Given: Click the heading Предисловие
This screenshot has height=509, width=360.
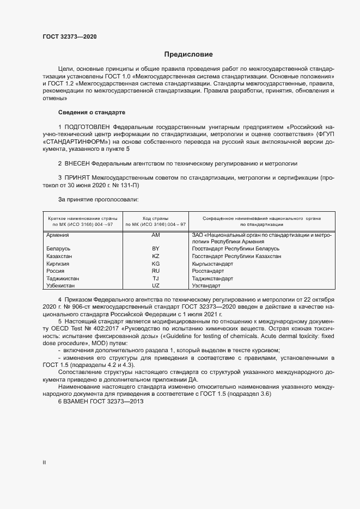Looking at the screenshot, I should (188, 54).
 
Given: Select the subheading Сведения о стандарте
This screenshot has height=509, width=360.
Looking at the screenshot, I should (91, 112).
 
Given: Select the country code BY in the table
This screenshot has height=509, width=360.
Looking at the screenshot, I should (155, 248).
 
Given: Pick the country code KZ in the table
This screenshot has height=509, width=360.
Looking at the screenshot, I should (155, 256).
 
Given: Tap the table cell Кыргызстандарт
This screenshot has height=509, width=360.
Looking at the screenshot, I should (212, 263).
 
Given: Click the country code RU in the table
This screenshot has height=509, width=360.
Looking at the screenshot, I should (155, 271).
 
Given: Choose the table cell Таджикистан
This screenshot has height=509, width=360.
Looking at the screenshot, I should (64, 278).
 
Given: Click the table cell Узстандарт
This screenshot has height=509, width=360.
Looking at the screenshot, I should (206, 286).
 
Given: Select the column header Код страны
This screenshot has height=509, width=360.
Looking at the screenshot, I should (155, 217).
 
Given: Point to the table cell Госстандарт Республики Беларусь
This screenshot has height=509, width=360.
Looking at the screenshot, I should (236, 248).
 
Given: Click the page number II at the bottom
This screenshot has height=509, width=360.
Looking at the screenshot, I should (44, 463).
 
